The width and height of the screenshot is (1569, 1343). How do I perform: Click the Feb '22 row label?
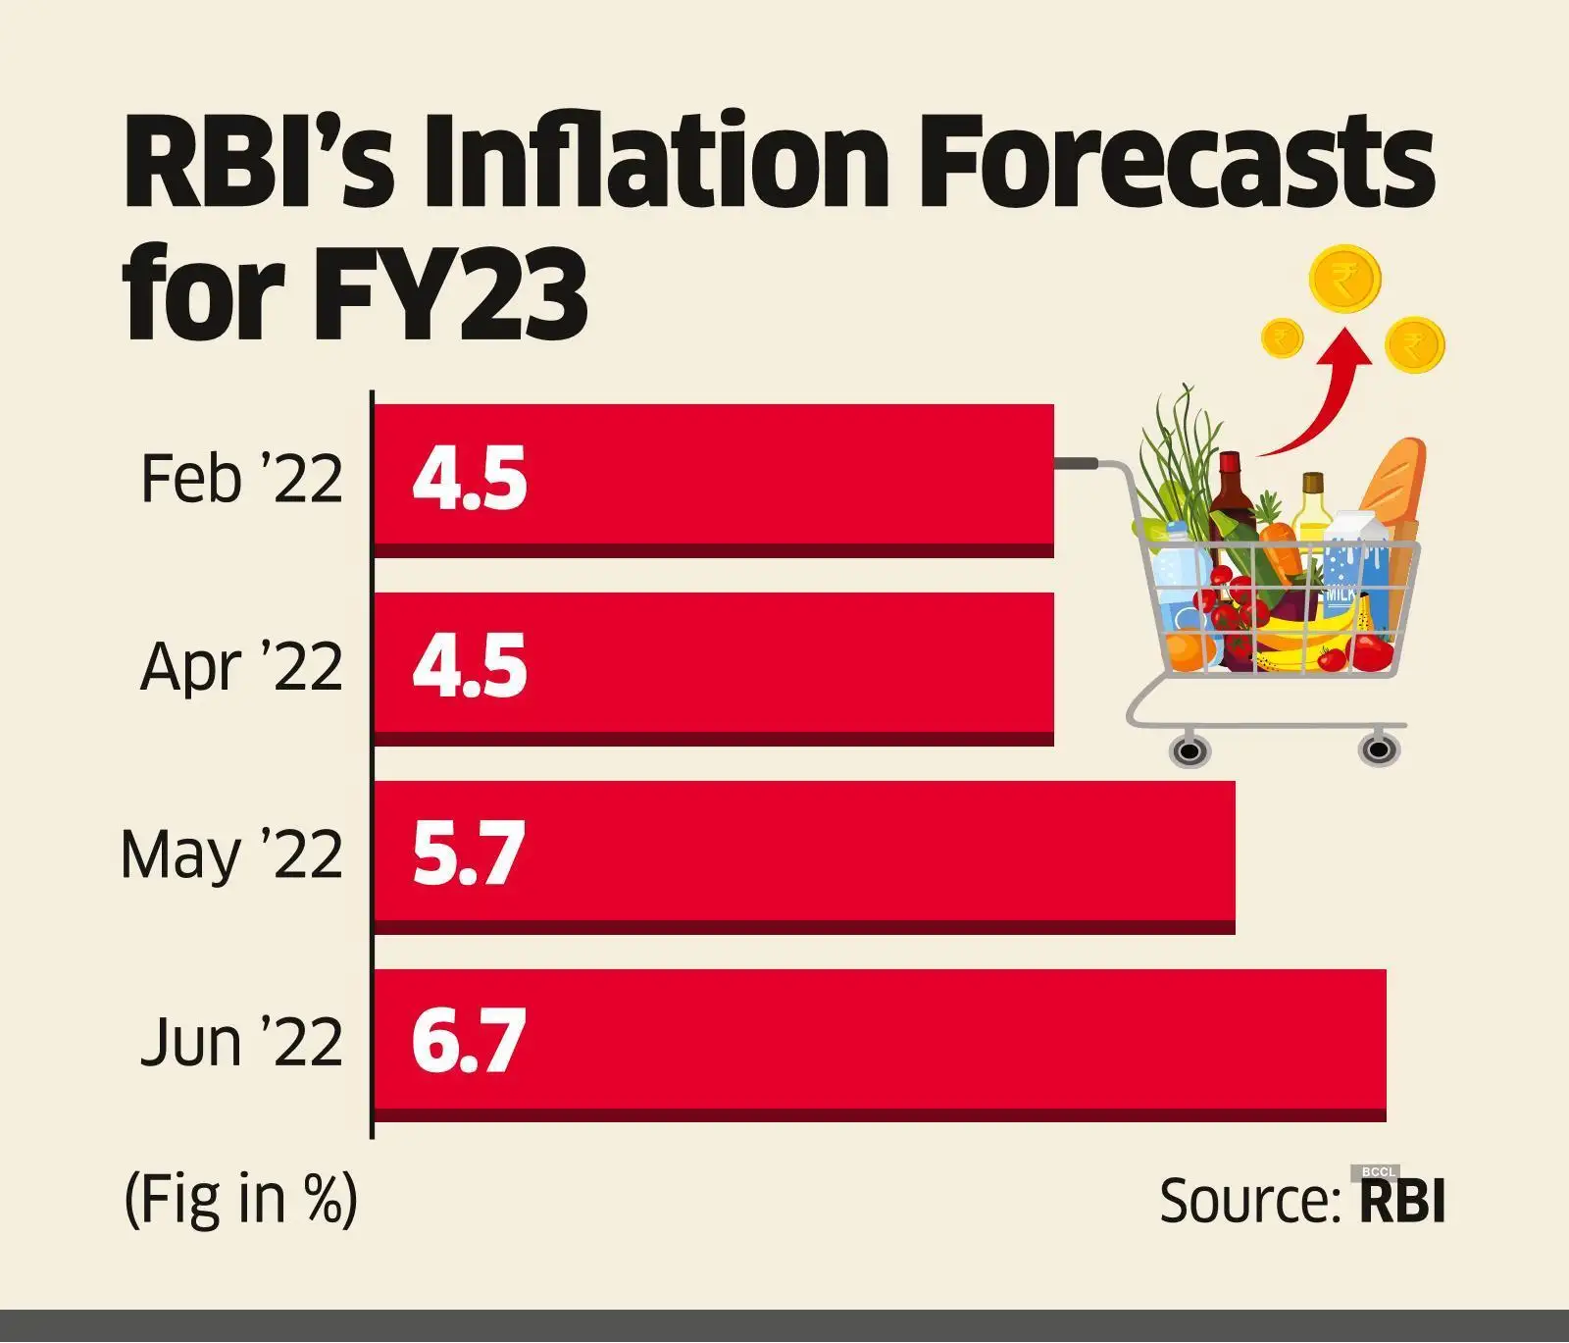point(241,479)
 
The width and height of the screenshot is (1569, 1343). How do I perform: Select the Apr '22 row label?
point(241,667)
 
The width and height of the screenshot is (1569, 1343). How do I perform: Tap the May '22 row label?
point(231,854)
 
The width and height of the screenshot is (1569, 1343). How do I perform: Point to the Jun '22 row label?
point(241,1043)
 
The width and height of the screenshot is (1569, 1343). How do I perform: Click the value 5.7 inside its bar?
point(469,854)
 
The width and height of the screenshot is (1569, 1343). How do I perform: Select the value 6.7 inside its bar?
point(469,1042)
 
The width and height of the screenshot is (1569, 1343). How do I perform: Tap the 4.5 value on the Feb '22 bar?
point(470,479)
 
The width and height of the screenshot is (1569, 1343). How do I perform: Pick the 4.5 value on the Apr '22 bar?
point(470,667)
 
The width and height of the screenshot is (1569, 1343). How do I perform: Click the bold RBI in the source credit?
point(1402,1201)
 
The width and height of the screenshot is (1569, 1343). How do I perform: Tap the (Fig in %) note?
point(240,1199)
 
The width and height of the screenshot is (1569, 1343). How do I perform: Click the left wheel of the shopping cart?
point(1189,751)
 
